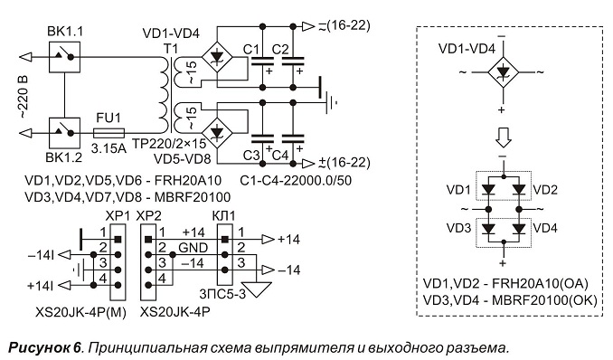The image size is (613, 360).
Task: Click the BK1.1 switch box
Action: pyautogui.click(x=64, y=57)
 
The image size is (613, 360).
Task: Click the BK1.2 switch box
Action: pyautogui.click(x=64, y=134)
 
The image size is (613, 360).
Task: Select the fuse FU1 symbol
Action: pyautogui.click(x=109, y=134)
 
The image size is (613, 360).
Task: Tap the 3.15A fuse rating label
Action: pyautogui.click(x=108, y=148)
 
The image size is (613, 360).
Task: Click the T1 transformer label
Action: pyautogui.click(x=171, y=49)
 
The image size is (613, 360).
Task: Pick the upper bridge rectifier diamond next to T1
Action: pyautogui.click(x=217, y=57)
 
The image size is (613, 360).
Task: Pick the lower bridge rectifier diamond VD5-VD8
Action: pyautogui.click(x=217, y=133)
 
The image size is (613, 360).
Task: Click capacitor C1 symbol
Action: pyautogui.click(x=262, y=61)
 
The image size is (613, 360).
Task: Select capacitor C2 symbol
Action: pyautogui.click(x=293, y=61)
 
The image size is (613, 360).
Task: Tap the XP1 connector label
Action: pyautogui.click(x=117, y=215)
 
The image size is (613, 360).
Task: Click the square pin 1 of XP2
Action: pyautogui.click(x=147, y=239)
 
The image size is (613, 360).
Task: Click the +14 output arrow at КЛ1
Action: pyautogui.click(x=269, y=239)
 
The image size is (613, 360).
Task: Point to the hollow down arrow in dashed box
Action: pyautogui.click(x=504, y=138)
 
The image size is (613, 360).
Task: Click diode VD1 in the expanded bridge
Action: pyautogui.click(x=488, y=190)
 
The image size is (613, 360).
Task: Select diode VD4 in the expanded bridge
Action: pyautogui.click(x=519, y=229)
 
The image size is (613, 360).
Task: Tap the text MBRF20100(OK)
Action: pyautogui.click(x=544, y=300)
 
